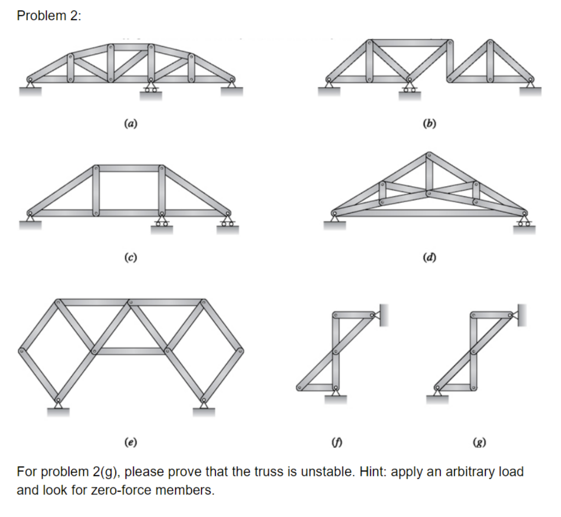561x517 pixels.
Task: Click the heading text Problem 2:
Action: coord(48,16)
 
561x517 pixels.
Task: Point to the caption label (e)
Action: coord(130,441)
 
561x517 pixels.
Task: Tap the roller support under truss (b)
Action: coord(408,91)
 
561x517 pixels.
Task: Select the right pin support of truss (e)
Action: coord(204,406)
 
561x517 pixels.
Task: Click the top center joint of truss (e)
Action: coord(130,302)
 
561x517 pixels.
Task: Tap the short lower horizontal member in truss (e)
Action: coord(130,351)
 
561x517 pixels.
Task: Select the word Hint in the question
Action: coord(371,472)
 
